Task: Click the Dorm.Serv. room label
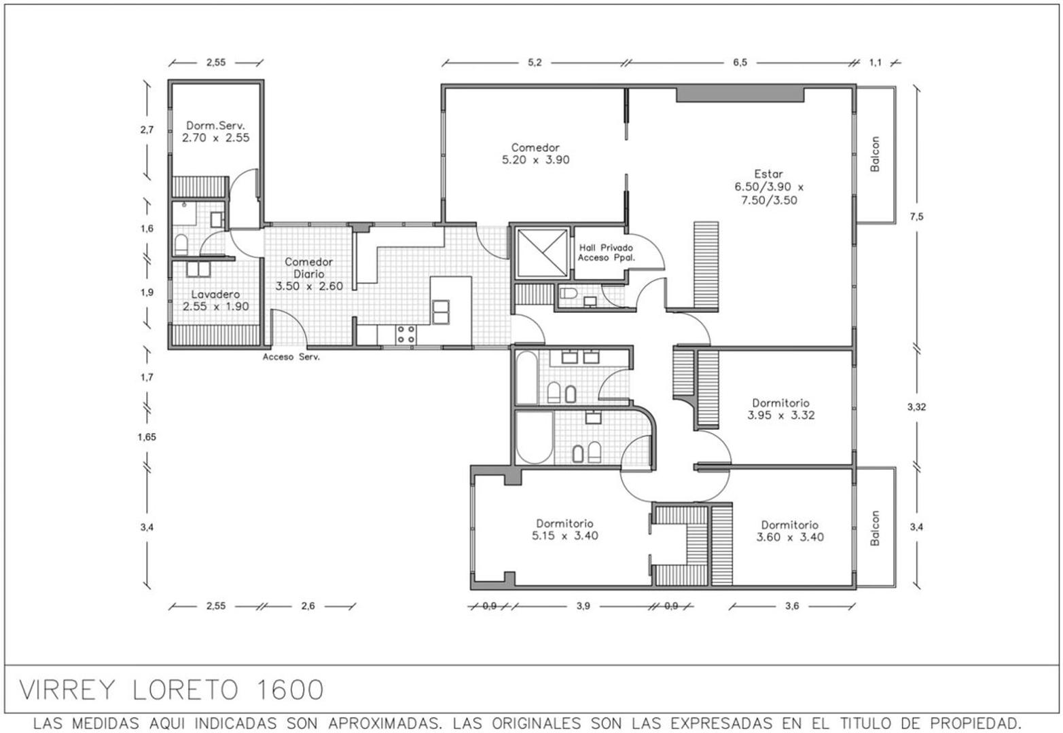tap(215, 126)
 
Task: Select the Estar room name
tap(768, 174)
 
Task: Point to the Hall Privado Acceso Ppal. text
tap(606, 252)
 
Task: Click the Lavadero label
tap(215, 295)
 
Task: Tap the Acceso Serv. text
tap(291, 356)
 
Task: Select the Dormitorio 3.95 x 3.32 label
tap(780, 409)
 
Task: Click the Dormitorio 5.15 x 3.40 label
tap(564, 529)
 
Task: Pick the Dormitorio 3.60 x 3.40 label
tap(789, 531)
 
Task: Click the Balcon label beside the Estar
tap(875, 154)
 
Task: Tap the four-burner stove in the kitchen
tap(406, 334)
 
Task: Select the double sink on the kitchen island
tap(441, 312)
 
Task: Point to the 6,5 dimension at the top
tap(740, 62)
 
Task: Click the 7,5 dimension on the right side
tap(916, 217)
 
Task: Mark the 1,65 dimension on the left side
tap(147, 437)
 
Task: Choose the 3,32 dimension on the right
tap(916, 407)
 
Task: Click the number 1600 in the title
tap(289, 690)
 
